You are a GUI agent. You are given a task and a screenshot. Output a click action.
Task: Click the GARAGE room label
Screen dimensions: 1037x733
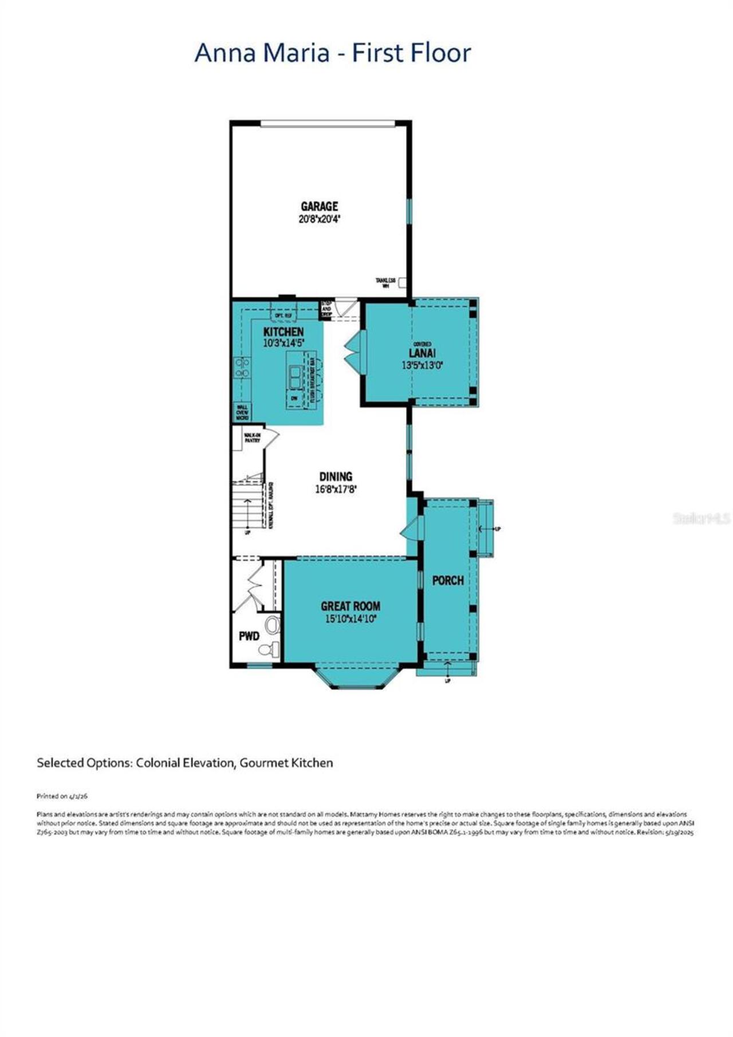320,206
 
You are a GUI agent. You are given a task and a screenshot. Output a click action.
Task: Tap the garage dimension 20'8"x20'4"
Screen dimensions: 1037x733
320,219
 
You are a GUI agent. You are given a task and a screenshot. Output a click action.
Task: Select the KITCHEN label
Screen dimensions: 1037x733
283,332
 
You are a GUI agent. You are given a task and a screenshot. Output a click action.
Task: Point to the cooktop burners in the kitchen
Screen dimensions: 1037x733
242,368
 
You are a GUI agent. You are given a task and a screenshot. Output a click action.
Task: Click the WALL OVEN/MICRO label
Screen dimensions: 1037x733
242,413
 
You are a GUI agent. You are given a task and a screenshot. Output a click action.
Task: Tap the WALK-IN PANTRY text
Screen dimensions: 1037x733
252,438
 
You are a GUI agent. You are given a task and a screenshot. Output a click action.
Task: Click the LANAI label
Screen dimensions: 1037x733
422,353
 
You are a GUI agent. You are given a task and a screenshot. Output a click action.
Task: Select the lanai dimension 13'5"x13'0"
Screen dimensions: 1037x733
423,365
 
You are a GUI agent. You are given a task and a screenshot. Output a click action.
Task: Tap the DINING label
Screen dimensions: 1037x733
336,476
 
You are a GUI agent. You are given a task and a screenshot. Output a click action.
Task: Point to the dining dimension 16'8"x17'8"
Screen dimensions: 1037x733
336,489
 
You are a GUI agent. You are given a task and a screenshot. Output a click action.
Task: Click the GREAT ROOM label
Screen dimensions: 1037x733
350,606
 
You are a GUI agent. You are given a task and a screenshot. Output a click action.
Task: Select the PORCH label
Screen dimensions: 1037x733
448,581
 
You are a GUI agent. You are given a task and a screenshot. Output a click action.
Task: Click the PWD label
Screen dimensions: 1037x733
249,636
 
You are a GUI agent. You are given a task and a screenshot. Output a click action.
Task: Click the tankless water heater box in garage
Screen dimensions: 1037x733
402,282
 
